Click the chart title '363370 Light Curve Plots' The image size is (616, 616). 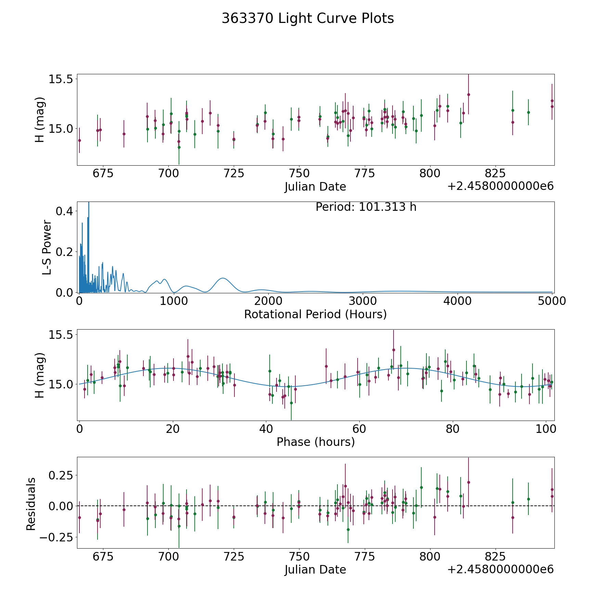tap(308, 18)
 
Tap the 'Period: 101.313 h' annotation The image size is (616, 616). tap(366, 207)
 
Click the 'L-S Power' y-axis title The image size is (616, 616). tap(47, 247)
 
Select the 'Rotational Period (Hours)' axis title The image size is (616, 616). tap(315, 314)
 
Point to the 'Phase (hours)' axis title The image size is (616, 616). tap(316, 442)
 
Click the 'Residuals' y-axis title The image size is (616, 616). tap(31, 504)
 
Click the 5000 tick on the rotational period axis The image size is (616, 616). tap(552, 301)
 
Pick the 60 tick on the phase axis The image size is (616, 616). tap(359, 429)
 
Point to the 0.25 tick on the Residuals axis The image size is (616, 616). tap(61, 475)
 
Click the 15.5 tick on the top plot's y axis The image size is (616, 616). tap(61, 79)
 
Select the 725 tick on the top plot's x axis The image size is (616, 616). tap(234, 174)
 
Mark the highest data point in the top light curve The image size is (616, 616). tap(469, 95)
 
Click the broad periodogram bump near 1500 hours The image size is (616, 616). tap(223, 278)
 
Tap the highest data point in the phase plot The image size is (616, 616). tap(394, 350)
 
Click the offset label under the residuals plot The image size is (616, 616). tap(500, 569)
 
